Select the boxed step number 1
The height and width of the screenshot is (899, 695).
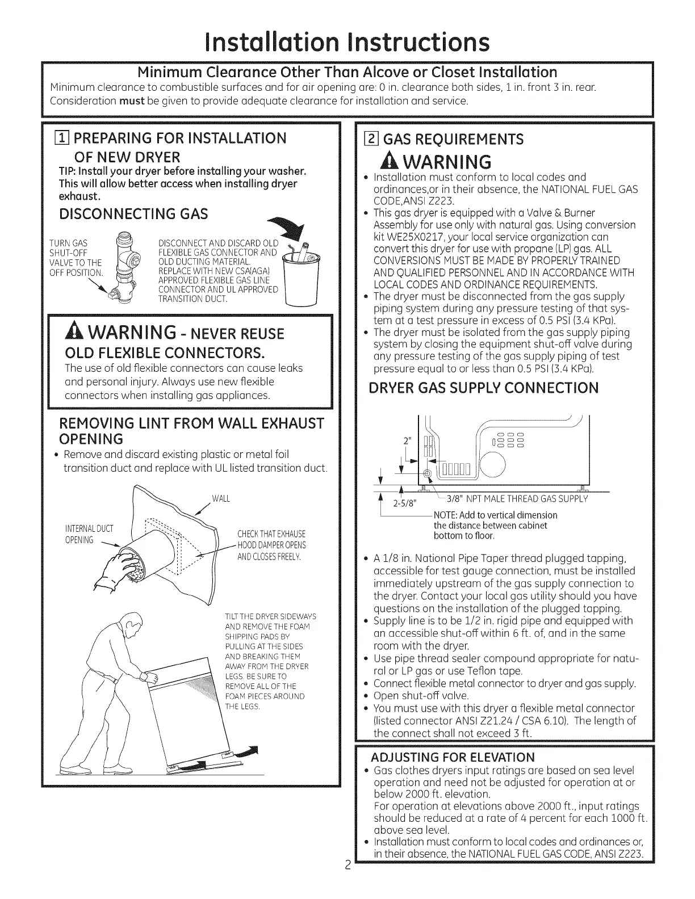click(56, 138)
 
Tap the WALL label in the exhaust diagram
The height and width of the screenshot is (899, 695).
click(220, 499)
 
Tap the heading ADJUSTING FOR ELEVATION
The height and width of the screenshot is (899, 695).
click(453, 758)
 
